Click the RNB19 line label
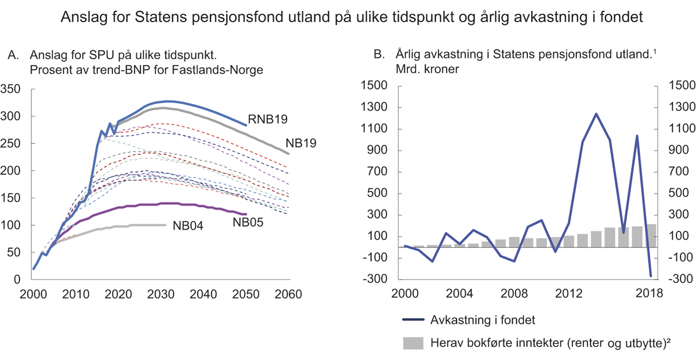(x=270, y=119)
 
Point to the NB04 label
(x=187, y=226)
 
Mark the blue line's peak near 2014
(x=596, y=114)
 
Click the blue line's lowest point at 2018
(x=651, y=276)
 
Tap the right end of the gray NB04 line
(x=165, y=225)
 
